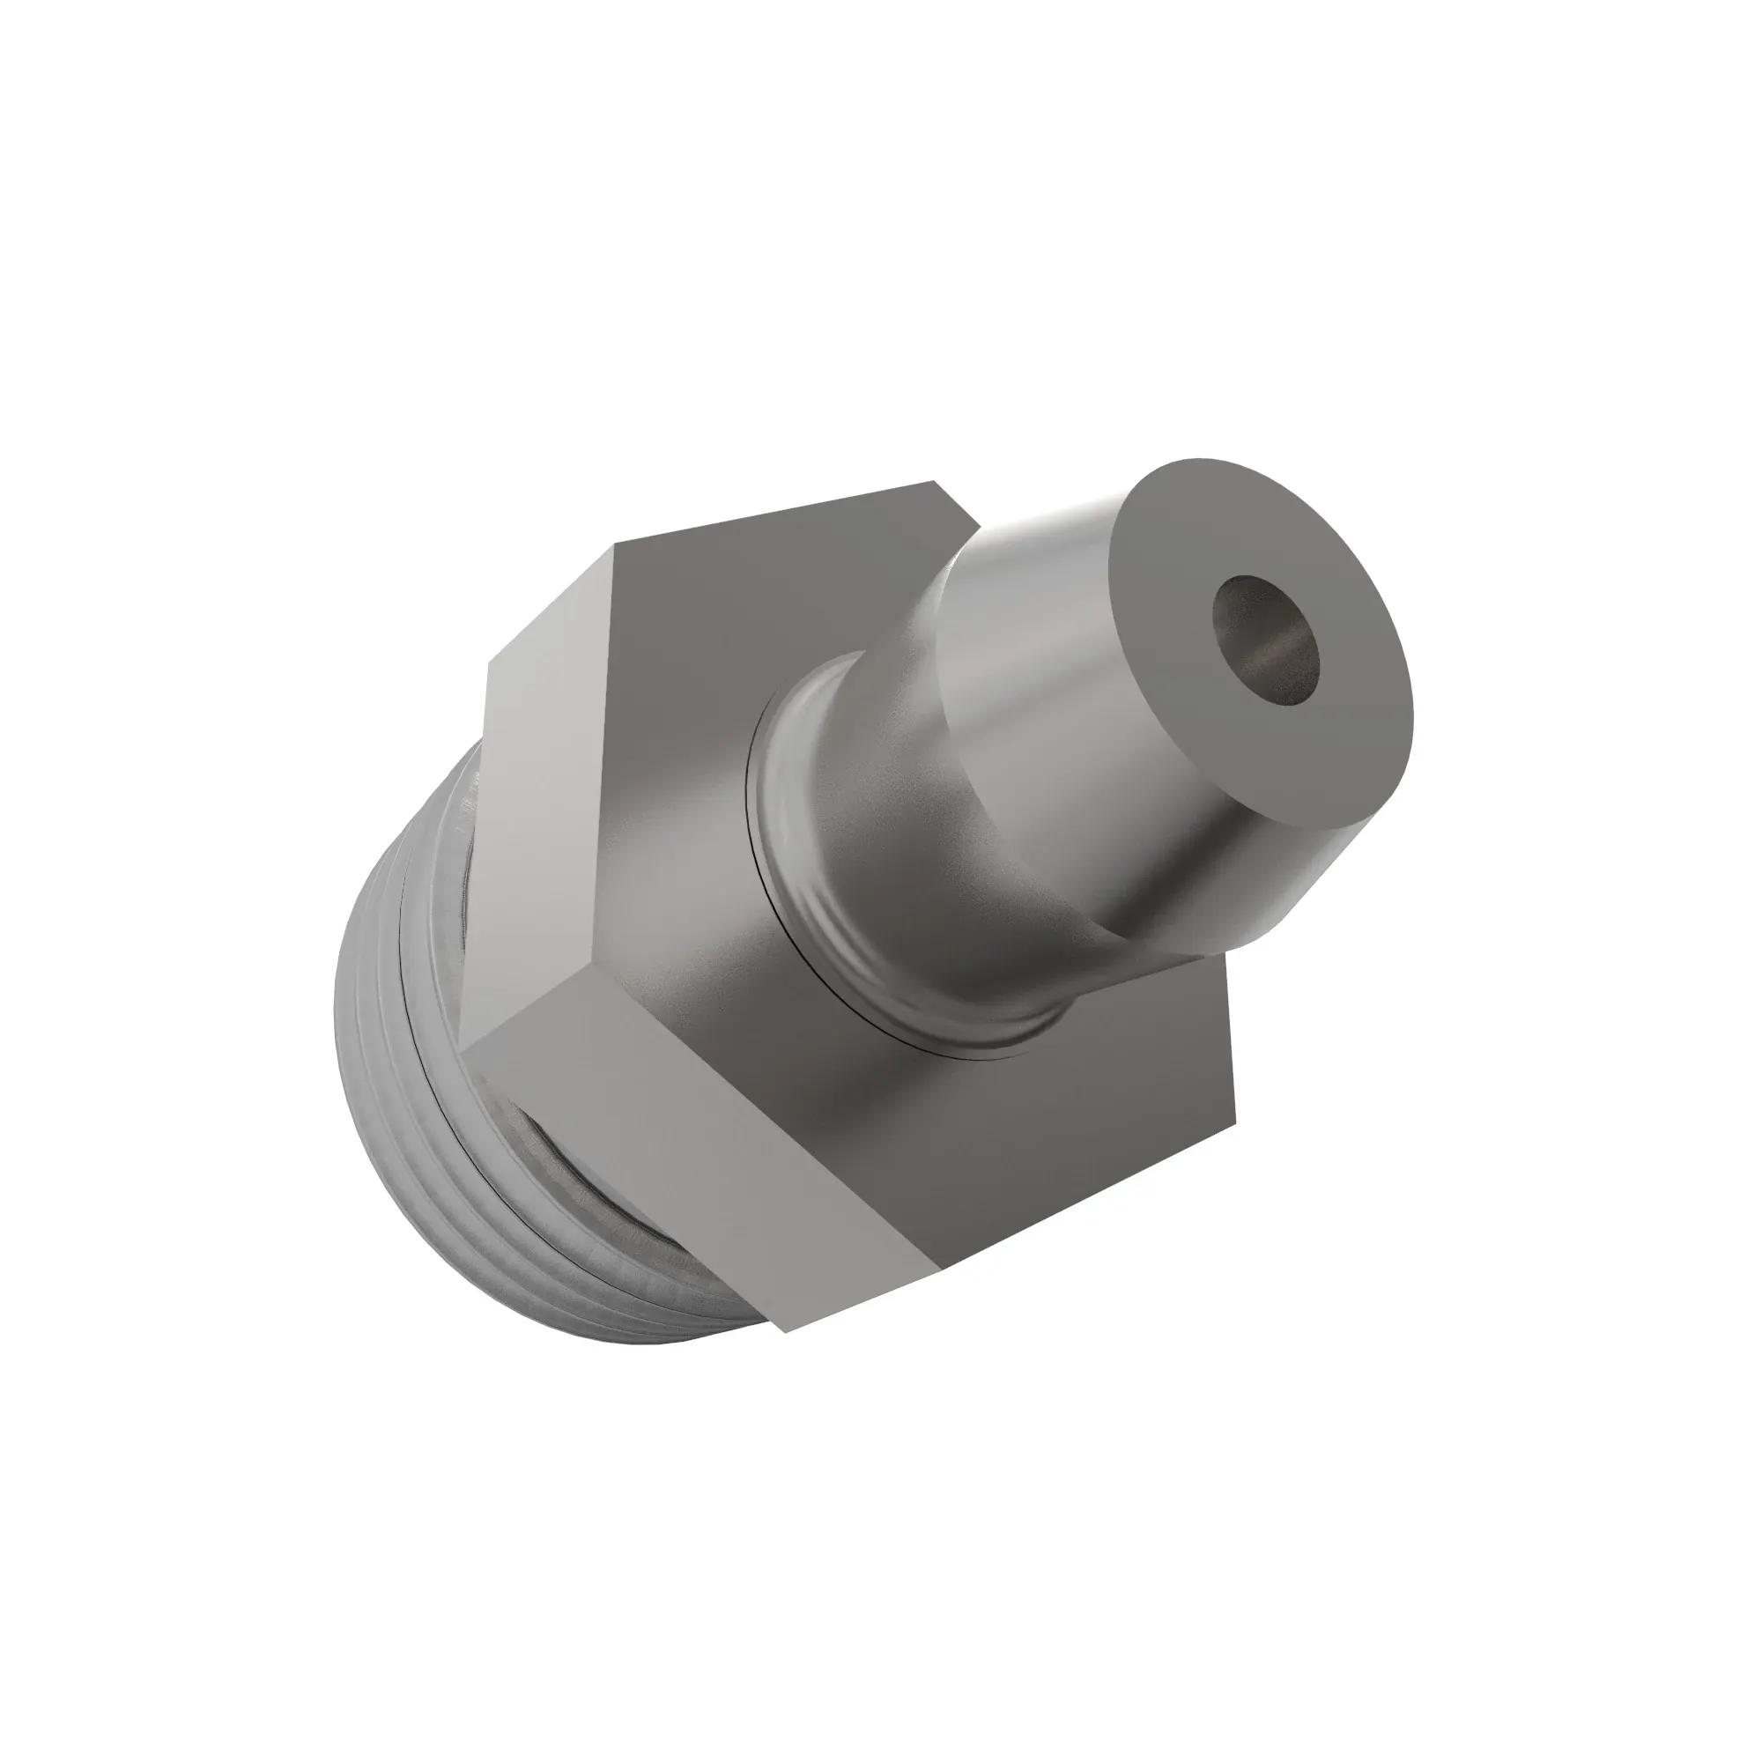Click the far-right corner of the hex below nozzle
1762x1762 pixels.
[x=1236, y=1120]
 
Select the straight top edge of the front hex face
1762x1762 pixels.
[x=775, y=514]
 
